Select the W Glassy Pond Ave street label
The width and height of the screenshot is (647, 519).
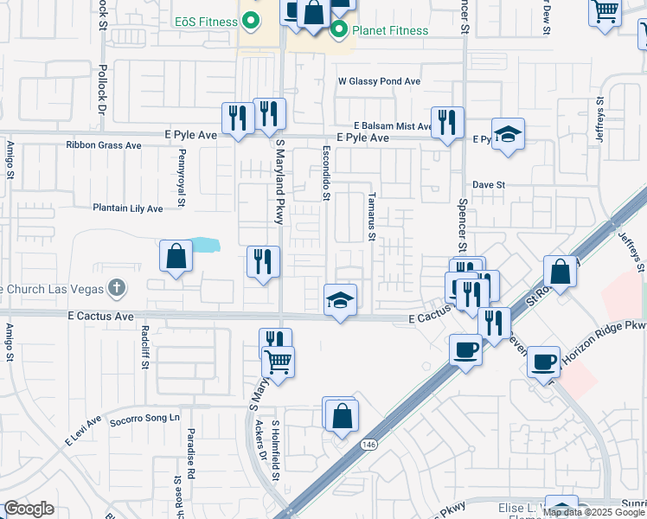point(379,81)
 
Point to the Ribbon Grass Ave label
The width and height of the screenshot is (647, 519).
point(103,145)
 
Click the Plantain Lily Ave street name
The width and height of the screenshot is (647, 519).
point(128,208)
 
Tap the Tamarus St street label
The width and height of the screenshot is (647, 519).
point(372,216)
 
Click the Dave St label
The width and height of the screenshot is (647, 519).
point(488,185)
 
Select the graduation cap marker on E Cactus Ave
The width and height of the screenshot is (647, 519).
point(340,300)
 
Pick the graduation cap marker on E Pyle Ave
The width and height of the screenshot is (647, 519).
point(508,134)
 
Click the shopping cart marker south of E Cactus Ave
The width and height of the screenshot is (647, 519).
point(278,362)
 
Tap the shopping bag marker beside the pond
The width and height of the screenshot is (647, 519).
point(176,256)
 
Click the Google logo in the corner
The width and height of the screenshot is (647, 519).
point(29,509)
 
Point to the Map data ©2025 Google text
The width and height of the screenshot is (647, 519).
point(593,512)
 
